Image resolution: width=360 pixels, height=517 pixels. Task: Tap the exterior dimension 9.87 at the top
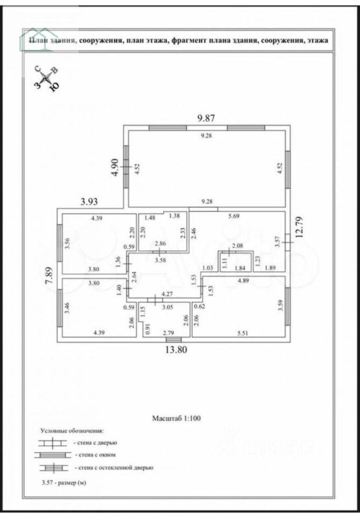point(207,117)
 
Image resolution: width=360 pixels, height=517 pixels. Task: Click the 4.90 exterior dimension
point(114,167)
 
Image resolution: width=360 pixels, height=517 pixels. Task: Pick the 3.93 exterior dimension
point(90,202)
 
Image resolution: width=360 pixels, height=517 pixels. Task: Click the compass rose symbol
point(47,79)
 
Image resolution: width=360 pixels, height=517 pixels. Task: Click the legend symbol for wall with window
point(52,455)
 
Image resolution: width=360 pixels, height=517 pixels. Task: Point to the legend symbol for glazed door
point(52,467)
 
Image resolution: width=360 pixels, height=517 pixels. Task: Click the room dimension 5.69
point(234,216)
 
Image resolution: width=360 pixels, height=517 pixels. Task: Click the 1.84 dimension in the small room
point(240,268)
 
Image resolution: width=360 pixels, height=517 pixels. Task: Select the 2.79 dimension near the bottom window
point(169,333)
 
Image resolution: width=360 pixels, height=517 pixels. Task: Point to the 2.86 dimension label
point(160,244)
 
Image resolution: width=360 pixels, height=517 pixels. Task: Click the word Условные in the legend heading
point(56,431)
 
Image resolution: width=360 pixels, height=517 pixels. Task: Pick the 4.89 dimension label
point(243,280)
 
